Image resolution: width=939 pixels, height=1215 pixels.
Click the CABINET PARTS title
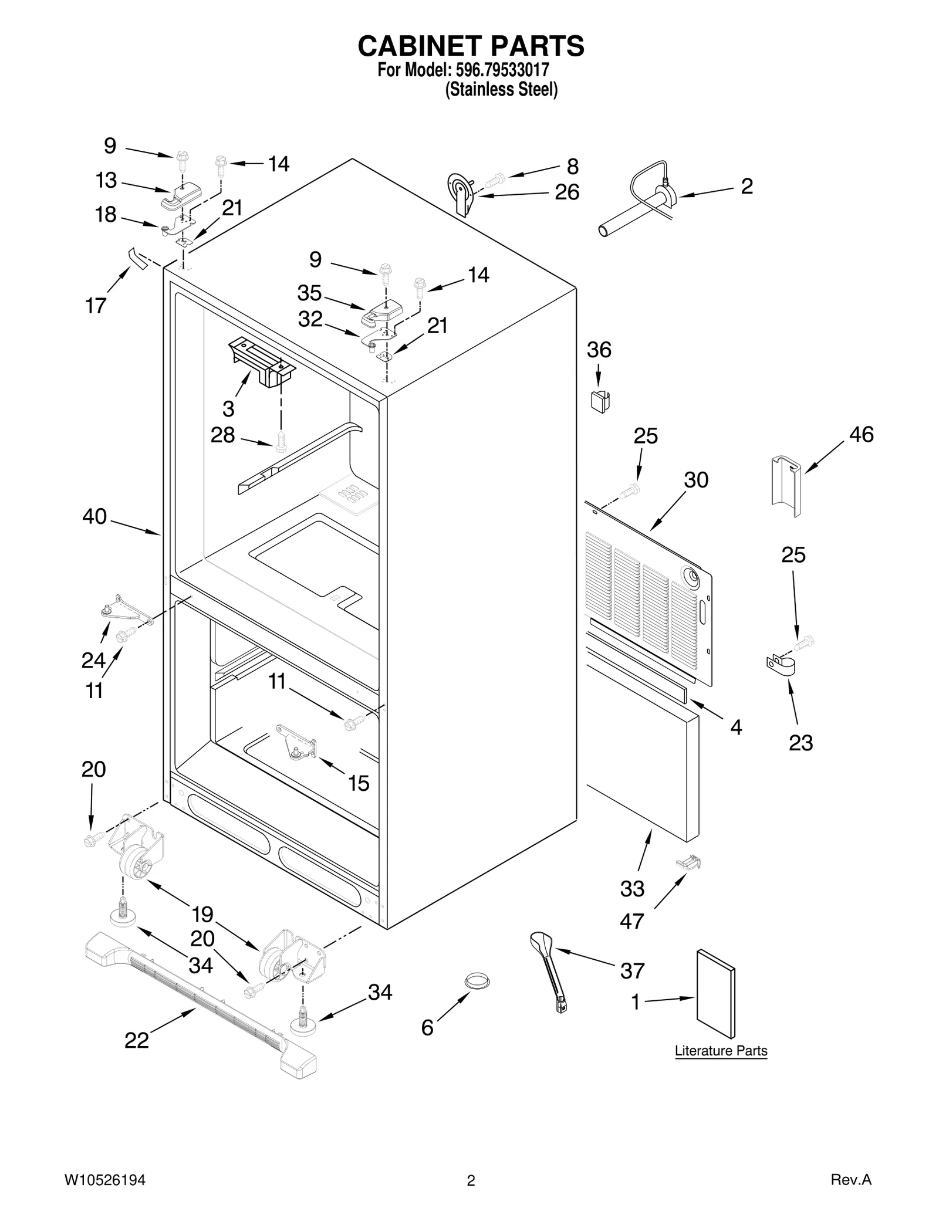click(x=471, y=46)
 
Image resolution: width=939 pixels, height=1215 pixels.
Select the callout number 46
click(x=861, y=435)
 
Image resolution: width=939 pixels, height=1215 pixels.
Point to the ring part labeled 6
click(x=477, y=979)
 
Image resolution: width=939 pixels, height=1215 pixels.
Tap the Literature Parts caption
click(x=721, y=1051)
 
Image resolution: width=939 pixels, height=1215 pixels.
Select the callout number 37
click(x=632, y=971)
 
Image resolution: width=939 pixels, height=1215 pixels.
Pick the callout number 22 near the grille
click(x=137, y=1041)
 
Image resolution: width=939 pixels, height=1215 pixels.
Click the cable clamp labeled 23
click(x=780, y=665)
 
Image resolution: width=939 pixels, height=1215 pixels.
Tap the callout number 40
click(x=94, y=517)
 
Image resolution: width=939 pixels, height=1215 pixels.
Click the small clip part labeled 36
click(x=599, y=401)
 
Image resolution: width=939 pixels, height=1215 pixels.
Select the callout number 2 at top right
click(x=747, y=187)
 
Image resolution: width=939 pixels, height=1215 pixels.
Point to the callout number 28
click(x=222, y=435)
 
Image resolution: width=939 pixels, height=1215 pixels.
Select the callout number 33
click(x=632, y=889)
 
